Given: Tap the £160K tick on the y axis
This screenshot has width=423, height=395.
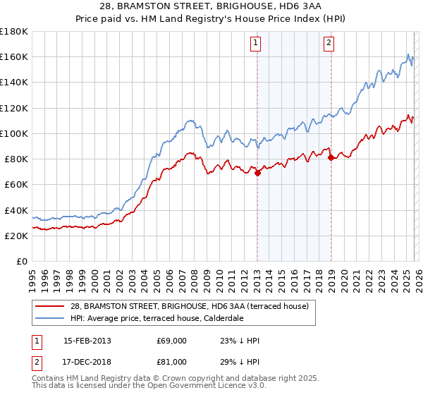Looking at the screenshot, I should (14, 56).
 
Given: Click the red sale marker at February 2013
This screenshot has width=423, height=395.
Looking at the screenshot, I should (257, 173).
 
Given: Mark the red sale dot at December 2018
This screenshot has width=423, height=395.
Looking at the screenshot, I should (331, 158).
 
